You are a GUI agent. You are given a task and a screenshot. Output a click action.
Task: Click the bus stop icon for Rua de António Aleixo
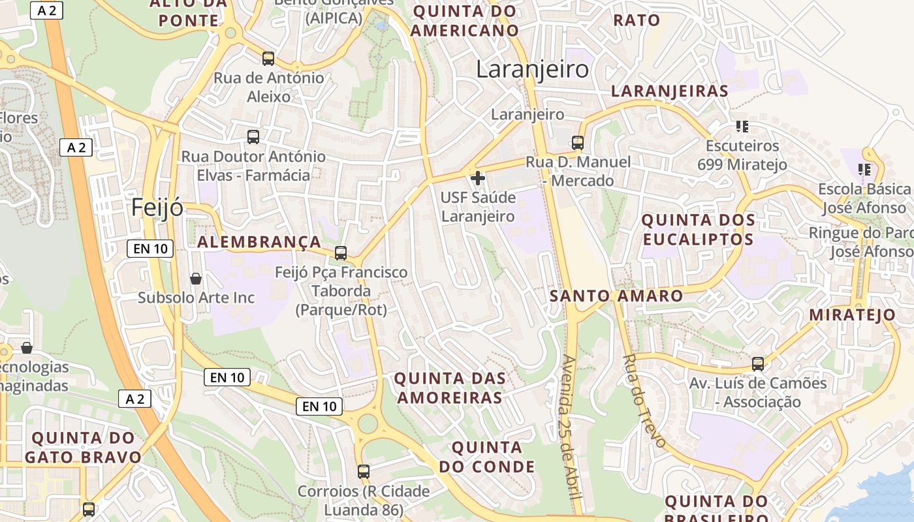click(x=268, y=59)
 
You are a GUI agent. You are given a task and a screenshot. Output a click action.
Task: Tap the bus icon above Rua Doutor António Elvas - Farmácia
click(x=253, y=137)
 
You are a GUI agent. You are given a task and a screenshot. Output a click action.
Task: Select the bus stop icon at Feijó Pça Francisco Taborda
click(x=341, y=253)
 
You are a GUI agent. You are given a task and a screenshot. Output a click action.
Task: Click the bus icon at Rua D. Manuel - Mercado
click(x=578, y=142)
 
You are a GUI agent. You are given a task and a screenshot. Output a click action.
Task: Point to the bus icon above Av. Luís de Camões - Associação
click(x=758, y=363)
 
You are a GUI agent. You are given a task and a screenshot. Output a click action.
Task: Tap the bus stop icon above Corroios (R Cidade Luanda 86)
click(x=364, y=471)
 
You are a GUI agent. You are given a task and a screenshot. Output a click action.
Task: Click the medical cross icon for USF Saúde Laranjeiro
click(x=478, y=177)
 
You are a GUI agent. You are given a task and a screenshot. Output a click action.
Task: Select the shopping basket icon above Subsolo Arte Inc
click(x=196, y=279)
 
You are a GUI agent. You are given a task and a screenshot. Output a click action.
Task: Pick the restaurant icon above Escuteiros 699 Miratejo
click(x=742, y=126)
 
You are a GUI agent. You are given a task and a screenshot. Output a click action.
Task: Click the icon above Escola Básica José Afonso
click(x=865, y=170)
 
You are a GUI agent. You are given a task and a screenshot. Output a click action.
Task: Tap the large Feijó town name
click(x=157, y=207)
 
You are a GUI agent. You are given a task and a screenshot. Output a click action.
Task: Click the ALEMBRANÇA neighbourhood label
click(x=259, y=242)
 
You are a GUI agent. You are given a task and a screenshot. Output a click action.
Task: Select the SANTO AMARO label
click(x=616, y=296)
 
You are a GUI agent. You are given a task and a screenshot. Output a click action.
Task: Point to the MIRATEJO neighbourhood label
click(x=853, y=315)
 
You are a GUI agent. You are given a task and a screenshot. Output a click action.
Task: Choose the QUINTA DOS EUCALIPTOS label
click(x=699, y=230)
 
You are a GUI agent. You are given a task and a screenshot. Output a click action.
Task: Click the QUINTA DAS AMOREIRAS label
click(x=450, y=388)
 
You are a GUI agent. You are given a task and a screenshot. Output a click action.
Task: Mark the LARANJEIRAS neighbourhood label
click(x=669, y=91)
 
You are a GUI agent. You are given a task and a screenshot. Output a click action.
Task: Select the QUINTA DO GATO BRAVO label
click(x=83, y=447)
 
